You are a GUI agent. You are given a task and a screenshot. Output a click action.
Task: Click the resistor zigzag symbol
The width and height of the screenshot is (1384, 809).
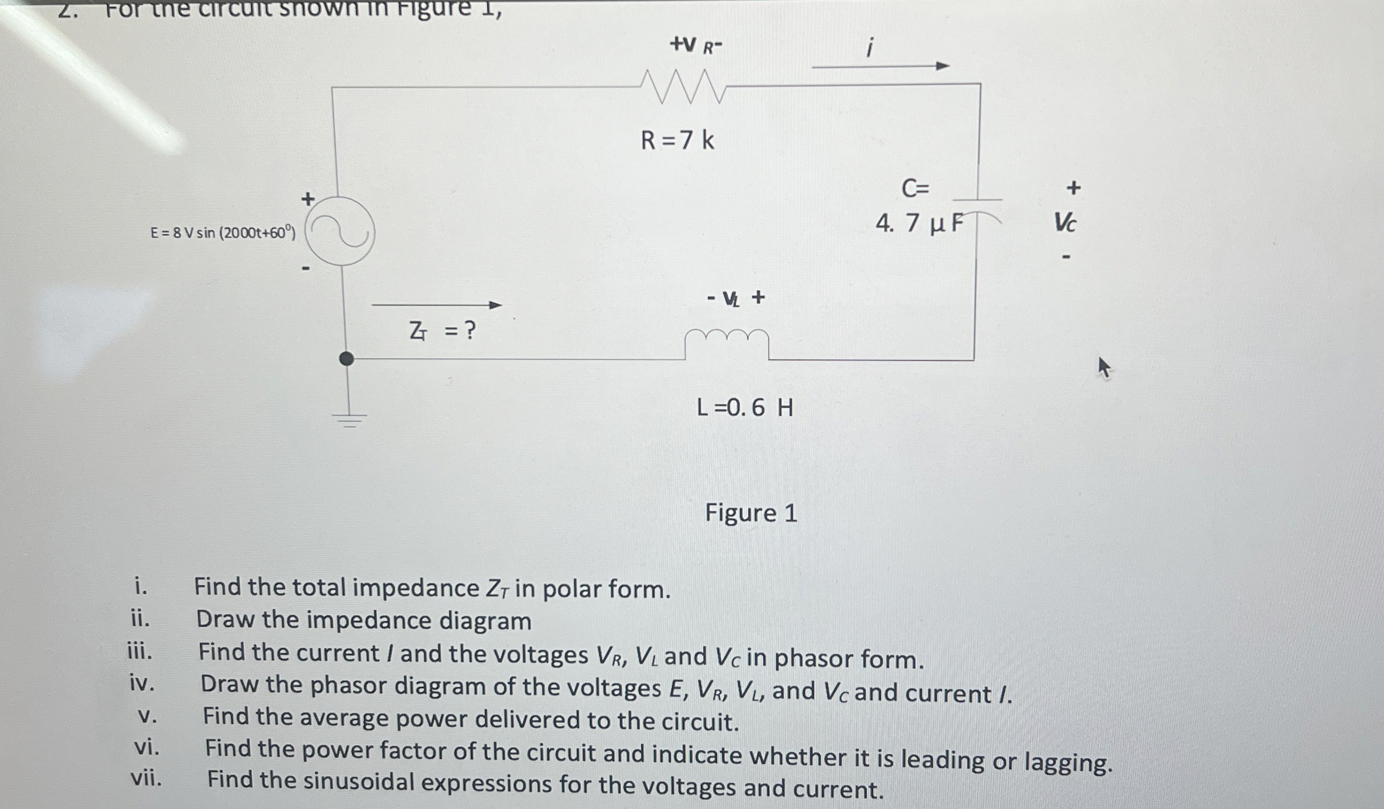[x=683, y=88]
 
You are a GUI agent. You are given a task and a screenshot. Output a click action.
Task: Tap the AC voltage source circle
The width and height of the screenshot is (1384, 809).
[x=340, y=231]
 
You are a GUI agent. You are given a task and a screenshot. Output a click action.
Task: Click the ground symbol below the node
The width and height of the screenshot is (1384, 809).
[x=348, y=420]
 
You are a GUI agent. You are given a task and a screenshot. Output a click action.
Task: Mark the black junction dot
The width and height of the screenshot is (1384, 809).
[x=346, y=359]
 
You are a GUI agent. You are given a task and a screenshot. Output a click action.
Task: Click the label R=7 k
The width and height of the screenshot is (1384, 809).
[x=678, y=140]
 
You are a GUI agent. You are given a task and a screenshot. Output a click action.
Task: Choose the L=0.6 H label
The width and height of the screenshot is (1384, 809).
[x=744, y=408]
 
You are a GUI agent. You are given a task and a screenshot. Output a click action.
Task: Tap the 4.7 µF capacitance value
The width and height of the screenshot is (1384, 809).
[x=919, y=223]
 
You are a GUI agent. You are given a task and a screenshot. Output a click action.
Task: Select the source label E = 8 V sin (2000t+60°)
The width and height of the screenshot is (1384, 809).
[x=223, y=233]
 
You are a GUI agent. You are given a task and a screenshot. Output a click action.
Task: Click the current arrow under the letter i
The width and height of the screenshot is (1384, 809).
[x=880, y=66]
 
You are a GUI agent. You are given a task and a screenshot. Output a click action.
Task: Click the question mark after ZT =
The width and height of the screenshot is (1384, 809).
[x=470, y=331]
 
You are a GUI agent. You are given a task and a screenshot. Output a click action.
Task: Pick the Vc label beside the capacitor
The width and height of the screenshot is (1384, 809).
[x=1064, y=222]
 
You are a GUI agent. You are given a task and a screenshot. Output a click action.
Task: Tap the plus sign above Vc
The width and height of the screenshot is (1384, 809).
[x=1073, y=188]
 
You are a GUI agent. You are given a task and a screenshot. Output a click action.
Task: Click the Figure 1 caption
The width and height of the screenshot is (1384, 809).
[x=751, y=512]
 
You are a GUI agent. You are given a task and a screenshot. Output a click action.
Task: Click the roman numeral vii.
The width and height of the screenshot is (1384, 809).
[x=146, y=778]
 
